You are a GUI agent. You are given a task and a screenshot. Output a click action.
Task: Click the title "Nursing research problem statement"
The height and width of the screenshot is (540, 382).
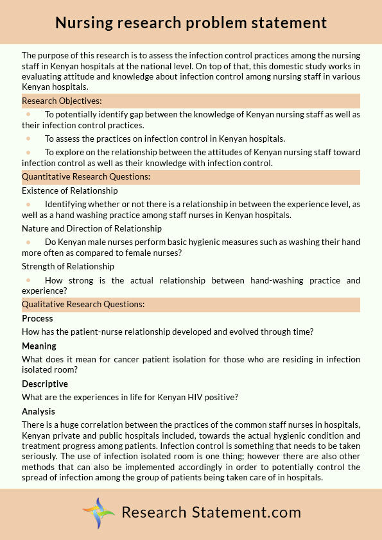(191, 23)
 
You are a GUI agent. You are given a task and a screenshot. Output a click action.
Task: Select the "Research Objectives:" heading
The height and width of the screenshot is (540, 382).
(62, 101)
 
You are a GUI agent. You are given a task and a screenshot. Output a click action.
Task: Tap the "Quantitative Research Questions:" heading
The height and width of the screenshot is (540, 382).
(86, 176)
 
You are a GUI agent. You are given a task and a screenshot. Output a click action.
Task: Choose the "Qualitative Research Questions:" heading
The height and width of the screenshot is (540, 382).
(83, 304)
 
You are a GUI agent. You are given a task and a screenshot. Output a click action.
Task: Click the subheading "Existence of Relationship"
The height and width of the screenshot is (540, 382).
(70, 190)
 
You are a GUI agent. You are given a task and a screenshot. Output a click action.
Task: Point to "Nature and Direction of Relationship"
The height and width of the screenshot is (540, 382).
(92, 228)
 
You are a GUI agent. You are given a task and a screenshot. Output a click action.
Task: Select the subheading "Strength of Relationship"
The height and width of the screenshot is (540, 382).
(68, 266)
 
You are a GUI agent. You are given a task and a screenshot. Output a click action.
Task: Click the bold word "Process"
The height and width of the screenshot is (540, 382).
(37, 319)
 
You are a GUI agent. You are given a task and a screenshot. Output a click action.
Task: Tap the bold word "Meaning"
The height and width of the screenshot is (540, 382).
(39, 346)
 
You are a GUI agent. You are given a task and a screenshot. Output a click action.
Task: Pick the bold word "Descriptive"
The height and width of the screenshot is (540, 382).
(45, 384)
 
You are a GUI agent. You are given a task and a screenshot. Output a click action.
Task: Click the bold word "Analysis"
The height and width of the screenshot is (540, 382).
(39, 412)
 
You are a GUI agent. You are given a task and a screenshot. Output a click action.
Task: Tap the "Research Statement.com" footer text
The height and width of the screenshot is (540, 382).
(211, 512)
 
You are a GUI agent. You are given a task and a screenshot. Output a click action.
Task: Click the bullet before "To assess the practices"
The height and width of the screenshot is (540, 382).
(28, 139)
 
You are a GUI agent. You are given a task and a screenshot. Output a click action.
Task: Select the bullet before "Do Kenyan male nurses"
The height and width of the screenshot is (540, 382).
(28, 242)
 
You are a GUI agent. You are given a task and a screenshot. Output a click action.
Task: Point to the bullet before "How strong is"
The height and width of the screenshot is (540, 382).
(28, 280)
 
